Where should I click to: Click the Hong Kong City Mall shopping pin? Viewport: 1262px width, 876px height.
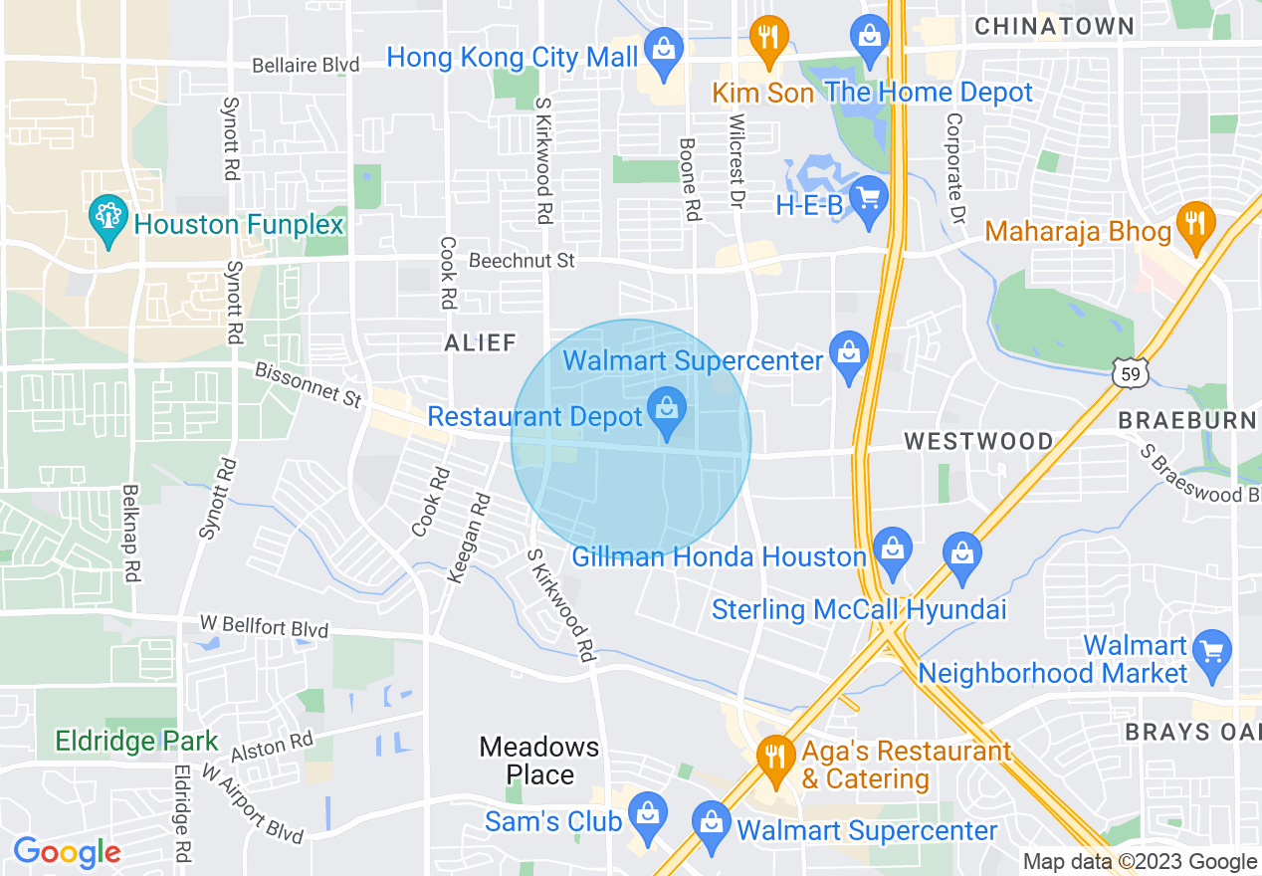pyautogui.click(x=662, y=48)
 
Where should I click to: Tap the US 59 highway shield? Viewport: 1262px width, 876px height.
pyautogui.click(x=1131, y=374)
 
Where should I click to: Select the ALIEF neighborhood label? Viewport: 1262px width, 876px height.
pyautogui.click(x=481, y=343)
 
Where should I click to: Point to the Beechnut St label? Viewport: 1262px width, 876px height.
pyautogui.click(x=522, y=262)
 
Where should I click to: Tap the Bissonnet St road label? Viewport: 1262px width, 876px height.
pyautogui.click(x=308, y=384)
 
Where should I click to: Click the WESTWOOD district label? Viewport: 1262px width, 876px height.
pyautogui.click(x=978, y=441)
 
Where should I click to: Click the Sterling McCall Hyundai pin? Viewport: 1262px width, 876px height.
pyautogui.click(x=961, y=553)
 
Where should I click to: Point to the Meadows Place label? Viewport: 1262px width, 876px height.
pyautogui.click(x=539, y=761)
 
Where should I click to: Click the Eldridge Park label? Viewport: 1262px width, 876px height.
pyautogui.click(x=136, y=742)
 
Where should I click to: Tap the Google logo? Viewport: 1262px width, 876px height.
pyautogui.click(x=67, y=852)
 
